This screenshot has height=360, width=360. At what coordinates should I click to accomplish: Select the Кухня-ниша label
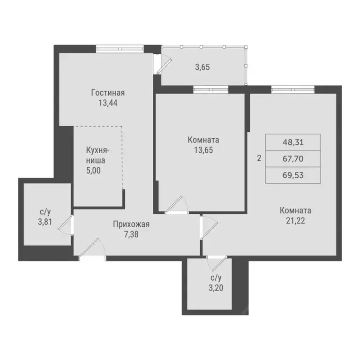click(x=97, y=155)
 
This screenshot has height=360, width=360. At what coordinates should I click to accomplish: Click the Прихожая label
click(x=128, y=224)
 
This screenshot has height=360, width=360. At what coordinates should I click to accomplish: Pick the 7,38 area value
click(x=128, y=234)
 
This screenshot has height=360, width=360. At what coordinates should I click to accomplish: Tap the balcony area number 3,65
click(x=202, y=67)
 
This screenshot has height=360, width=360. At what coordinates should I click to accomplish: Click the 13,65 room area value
click(x=203, y=150)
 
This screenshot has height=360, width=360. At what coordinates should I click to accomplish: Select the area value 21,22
click(x=295, y=220)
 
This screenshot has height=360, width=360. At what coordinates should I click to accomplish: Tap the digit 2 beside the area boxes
click(x=259, y=158)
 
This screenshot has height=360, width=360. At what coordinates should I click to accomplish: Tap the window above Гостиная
click(x=120, y=47)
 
